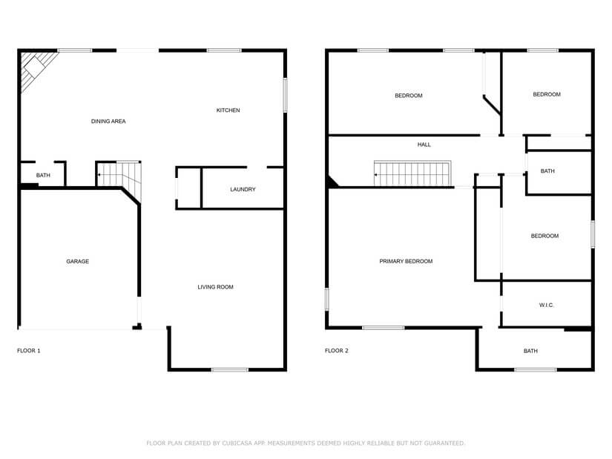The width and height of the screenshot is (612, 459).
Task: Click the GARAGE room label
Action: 78,261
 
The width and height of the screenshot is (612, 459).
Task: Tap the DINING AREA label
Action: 108,121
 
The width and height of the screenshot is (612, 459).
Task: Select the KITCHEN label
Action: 228,110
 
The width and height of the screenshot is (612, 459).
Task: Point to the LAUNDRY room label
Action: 243,189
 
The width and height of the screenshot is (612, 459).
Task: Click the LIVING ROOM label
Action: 215,287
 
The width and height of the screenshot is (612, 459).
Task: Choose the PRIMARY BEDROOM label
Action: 406,261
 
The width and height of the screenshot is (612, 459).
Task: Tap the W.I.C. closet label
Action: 546,306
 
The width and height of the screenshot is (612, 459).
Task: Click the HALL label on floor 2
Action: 424,145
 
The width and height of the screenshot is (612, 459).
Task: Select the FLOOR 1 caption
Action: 29,351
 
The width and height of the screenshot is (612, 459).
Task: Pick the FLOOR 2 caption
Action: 337,351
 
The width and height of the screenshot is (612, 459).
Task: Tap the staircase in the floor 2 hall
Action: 412,174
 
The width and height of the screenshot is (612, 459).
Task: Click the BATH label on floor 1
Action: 43,175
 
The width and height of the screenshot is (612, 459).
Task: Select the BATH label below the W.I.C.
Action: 530,351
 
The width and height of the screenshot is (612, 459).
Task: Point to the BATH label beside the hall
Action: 547,171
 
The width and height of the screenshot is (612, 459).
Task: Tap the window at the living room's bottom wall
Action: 229,369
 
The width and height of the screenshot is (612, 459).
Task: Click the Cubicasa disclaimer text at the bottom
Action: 306,443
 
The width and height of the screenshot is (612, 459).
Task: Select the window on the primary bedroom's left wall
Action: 327,299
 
